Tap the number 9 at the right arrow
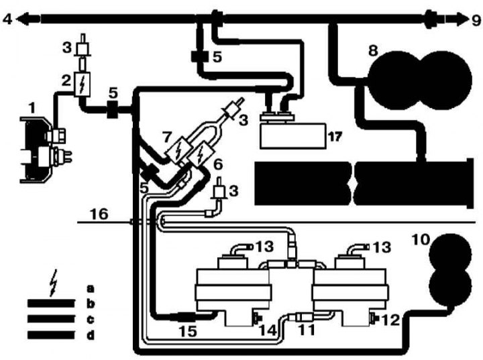coord(475,20)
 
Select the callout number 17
coord(333,137)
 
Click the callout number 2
coord(66,81)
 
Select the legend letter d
coord(89,333)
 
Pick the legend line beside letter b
coord(50,303)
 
